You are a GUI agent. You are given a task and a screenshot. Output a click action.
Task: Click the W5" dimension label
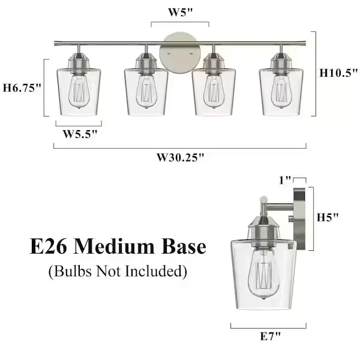pos(180,13)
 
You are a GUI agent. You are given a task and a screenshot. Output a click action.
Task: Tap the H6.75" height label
pos(22,88)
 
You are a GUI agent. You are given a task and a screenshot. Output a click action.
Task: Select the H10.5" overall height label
pos(338,73)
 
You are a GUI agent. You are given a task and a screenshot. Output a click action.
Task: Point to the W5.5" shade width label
pos(80,134)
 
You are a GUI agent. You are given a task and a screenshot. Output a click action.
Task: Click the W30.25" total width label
pos(180,157)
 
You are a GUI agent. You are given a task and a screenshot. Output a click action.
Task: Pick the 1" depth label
pos(285,181)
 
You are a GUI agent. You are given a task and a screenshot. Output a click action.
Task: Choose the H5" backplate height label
pos(328,217)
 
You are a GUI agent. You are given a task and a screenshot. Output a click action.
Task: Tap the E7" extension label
pos(270,337)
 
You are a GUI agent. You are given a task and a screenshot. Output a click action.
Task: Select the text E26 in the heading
pos(49,247)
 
